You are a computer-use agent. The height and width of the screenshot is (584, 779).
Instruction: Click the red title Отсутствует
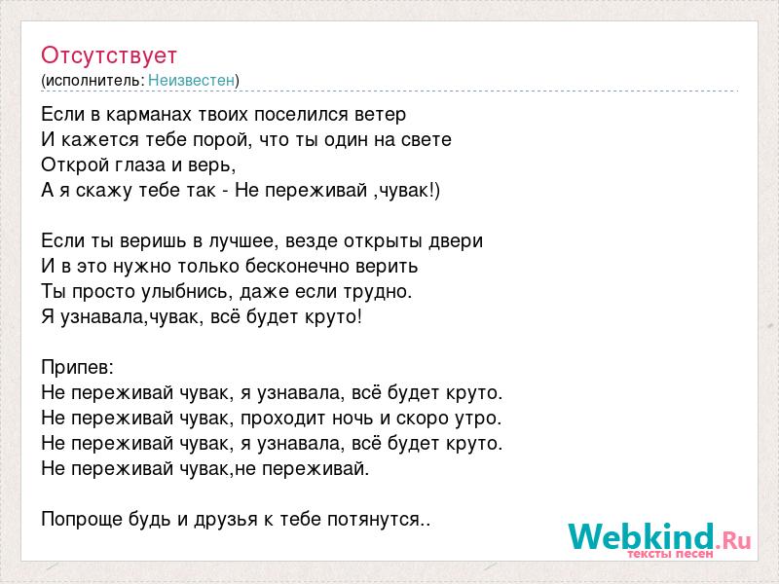[109, 55]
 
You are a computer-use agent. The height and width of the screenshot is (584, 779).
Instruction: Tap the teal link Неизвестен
[191, 80]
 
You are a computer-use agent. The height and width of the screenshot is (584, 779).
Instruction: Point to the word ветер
[381, 115]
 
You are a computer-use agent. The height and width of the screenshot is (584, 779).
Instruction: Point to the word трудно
[378, 291]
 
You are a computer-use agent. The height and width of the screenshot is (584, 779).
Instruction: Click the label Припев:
[78, 368]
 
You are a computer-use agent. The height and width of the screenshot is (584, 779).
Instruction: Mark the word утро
[478, 419]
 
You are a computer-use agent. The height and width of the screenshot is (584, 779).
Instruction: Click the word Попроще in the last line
[83, 520]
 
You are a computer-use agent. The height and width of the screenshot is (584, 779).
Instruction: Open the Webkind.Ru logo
[660, 539]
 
